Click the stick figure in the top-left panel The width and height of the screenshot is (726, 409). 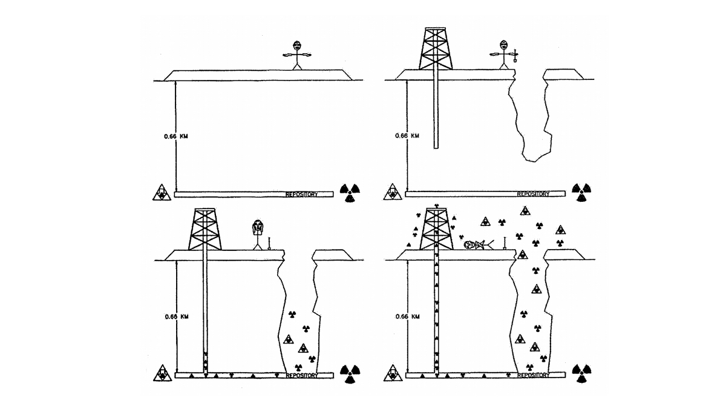pyautogui.click(x=296, y=55)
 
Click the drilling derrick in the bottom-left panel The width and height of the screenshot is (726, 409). pyautogui.click(x=204, y=230)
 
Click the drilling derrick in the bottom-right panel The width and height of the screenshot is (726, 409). pyautogui.click(x=436, y=230)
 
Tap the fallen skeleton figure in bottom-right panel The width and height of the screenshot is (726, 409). pyautogui.click(x=479, y=245)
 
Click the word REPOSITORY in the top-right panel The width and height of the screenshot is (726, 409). pyautogui.click(x=533, y=195)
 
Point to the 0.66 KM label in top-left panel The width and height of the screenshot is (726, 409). pyautogui.click(x=175, y=136)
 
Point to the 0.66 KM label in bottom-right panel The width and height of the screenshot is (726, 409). pyautogui.click(x=407, y=316)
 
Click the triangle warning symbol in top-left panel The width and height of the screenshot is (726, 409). pyautogui.click(x=161, y=193)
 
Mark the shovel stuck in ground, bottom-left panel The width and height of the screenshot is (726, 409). pyautogui.click(x=269, y=244)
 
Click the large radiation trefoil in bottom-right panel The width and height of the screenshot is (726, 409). pyautogui.click(x=582, y=374)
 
